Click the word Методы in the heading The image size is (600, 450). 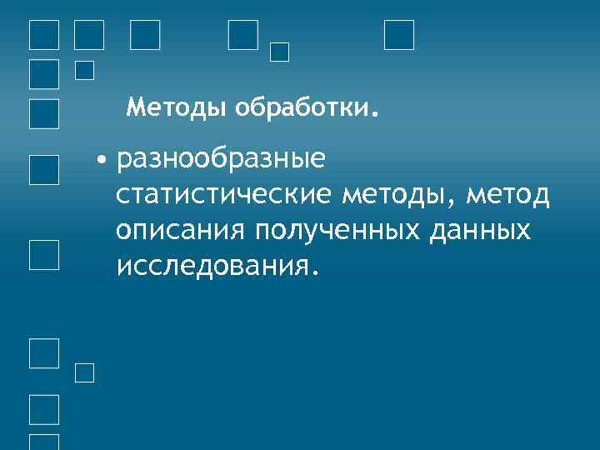tap(177, 107)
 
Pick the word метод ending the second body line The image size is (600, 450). tap(509, 194)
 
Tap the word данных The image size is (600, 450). tap(483, 230)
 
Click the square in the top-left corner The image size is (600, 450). tap(44, 35)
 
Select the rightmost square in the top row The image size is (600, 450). tap(399, 35)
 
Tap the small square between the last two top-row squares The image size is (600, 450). tap(280, 52)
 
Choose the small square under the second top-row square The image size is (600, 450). tap(84, 71)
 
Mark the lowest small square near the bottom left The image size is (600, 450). tap(84, 373)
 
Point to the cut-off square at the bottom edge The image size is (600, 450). tap(44, 442)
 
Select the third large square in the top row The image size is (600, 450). tap(145, 35)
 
